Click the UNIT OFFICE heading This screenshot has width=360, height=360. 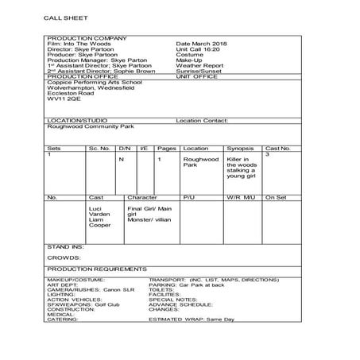point(196,97)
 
